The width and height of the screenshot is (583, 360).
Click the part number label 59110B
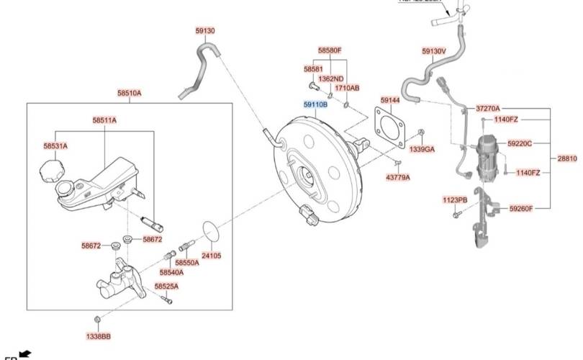(315, 104)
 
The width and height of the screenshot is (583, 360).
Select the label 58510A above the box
(130, 93)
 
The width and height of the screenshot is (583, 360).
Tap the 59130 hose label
(205, 31)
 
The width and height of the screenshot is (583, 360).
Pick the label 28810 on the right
(567, 158)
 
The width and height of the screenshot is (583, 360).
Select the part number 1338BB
(98, 336)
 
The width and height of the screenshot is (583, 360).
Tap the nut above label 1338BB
(98, 318)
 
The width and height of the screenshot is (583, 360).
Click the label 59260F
(520, 209)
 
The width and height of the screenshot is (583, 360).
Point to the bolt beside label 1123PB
(456, 215)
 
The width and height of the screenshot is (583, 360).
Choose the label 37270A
(487, 108)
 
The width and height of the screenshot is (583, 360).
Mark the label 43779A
(398, 176)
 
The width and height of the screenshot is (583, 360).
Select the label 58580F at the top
(330, 50)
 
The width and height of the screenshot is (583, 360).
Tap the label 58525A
(166, 287)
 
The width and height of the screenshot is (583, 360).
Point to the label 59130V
(434, 51)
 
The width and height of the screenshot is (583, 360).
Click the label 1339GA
(422, 149)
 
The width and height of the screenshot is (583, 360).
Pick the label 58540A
(171, 272)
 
